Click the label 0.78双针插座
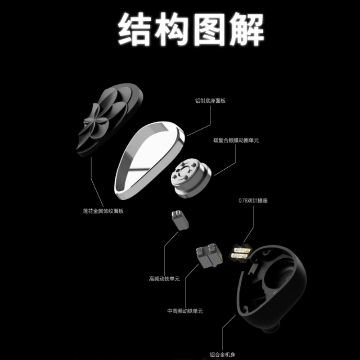click(253, 200)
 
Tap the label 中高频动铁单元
click(185, 311)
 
